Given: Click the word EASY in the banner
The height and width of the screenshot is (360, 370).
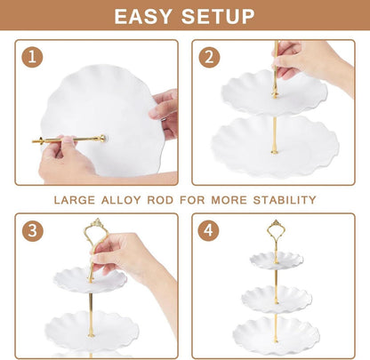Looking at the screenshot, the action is point(143,16).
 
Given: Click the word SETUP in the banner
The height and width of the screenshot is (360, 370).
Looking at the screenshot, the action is point(218,16).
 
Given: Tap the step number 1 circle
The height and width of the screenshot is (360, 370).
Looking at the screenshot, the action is point(32,57).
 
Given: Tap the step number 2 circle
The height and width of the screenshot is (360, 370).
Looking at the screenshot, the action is point(209,57).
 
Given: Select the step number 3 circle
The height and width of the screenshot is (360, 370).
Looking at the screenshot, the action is point(32,230).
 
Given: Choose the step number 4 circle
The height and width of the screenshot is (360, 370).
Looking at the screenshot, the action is point(209,230).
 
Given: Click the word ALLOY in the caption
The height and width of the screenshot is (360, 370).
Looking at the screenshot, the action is point(121,200).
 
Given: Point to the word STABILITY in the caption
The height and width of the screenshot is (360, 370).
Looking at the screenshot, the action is point(285,200).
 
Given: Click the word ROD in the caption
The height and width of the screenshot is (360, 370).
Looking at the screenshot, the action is point(160,200).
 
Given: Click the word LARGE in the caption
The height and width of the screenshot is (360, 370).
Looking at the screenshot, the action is point(75,200).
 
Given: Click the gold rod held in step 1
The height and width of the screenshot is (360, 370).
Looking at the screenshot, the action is point(69,139).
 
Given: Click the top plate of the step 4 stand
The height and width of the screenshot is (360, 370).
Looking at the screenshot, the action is point(277,260).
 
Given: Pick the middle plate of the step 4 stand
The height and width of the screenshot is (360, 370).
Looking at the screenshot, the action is point(277,299).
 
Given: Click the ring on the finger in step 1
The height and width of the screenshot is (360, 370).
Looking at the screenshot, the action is point(165,119).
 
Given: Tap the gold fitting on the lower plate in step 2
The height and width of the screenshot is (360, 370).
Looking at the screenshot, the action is point(274,151).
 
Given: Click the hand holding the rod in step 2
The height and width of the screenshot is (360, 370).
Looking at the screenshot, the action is point(311,65).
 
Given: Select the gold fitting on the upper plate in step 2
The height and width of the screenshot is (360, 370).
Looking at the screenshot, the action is point(276,94).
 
